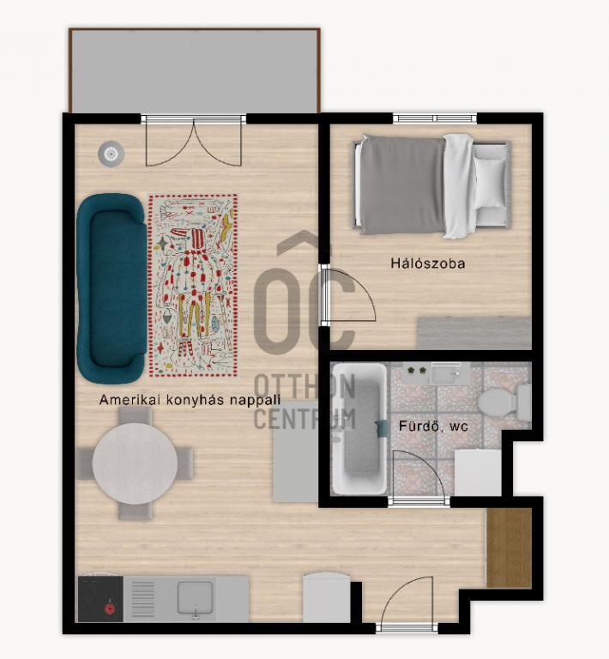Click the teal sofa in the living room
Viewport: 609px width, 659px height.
point(112,288)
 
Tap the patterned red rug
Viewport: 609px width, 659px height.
point(193,286)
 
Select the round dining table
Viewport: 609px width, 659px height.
point(135,463)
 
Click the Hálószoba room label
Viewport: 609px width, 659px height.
point(427,263)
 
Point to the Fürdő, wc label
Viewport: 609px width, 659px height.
point(433,426)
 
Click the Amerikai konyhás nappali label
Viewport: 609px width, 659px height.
point(190,399)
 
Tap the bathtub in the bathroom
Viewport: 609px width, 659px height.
point(359,428)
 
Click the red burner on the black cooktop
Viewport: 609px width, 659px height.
point(110,609)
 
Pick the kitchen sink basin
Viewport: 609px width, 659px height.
point(195,597)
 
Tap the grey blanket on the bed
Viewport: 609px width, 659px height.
point(402,185)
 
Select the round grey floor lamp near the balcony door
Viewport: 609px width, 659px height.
point(112,154)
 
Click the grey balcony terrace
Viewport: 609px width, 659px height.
point(195,70)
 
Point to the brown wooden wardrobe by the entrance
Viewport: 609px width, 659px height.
point(509,548)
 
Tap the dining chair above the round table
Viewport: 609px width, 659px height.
point(135,416)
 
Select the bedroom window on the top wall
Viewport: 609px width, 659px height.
point(435,118)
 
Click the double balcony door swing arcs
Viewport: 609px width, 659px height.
point(194,143)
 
